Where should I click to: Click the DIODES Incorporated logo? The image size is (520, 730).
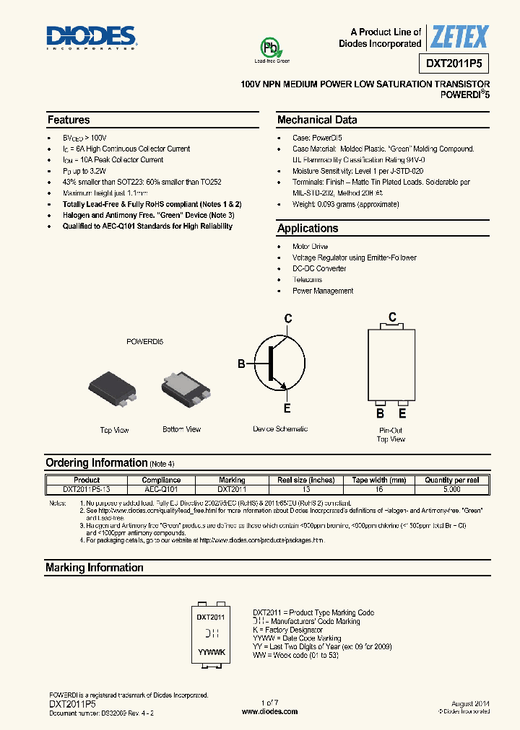click(x=91, y=38)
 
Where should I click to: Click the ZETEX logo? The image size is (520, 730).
click(x=459, y=37)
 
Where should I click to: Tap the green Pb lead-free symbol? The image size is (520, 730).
click(x=271, y=48)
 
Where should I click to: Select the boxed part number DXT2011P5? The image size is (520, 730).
click(x=458, y=64)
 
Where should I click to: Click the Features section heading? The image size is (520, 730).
click(x=69, y=120)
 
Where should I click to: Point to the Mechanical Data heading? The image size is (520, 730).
click(x=317, y=120)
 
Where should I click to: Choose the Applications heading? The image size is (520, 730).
click(x=308, y=229)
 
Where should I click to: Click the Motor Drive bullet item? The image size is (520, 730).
click(x=310, y=247)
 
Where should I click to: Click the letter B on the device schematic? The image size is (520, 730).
click(x=242, y=364)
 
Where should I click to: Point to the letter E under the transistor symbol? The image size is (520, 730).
click(x=287, y=409)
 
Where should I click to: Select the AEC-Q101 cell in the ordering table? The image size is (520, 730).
click(x=161, y=488)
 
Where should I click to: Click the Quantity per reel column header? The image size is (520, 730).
click(x=452, y=480)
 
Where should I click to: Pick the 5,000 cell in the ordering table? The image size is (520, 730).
click(x=452, y=488)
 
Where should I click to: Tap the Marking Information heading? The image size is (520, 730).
click(x=94, y=568)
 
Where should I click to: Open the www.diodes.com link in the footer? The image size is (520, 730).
click(x=269, y=711)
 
